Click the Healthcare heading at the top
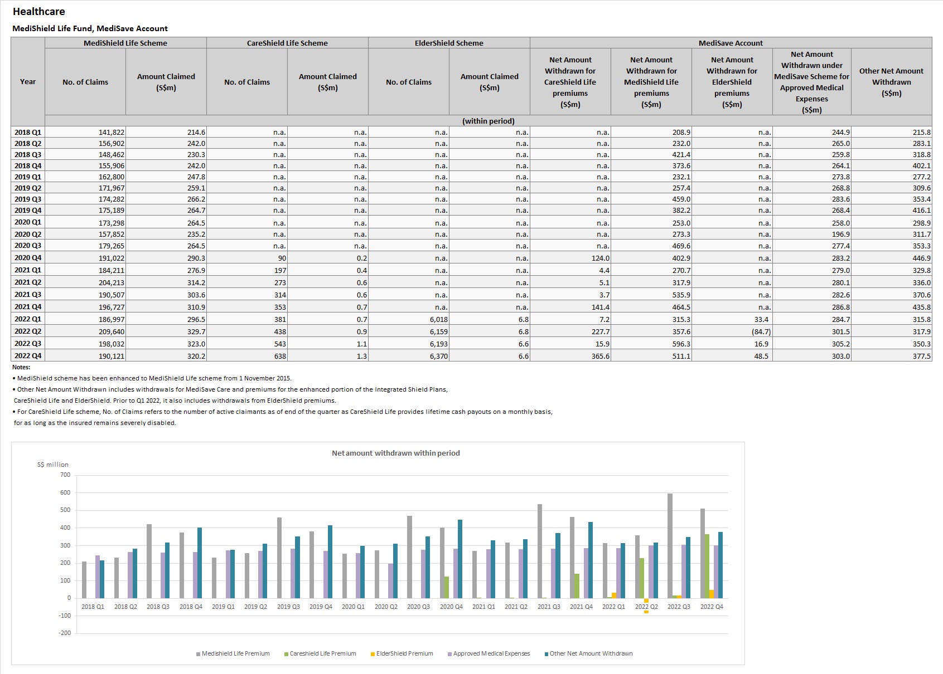tap(38, 11)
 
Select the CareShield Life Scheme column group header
tap(287, 43)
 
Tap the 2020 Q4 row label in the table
tap(28, 257)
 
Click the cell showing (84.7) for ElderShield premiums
tap(761, 332)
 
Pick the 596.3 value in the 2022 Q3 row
tap(681, 344)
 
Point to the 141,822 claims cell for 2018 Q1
tap(112, 133)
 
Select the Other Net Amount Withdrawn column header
tap(891, 82)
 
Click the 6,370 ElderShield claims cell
tap(439, 356)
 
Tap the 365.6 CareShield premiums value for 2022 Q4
tap(601, 356)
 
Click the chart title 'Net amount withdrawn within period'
tap(396, 453)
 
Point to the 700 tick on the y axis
tap(65, 475)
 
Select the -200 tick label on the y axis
tap(65, 633)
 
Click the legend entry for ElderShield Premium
tap(402, 653)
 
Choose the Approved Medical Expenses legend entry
tap(489, 653)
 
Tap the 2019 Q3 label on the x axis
tap(288, 607)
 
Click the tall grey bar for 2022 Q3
tap(670, 546)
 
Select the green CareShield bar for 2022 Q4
tap(707, 566)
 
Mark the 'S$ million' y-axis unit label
tap(52, 465)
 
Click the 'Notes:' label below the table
tap(21, 367)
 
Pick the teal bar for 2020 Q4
tap(460, 559)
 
